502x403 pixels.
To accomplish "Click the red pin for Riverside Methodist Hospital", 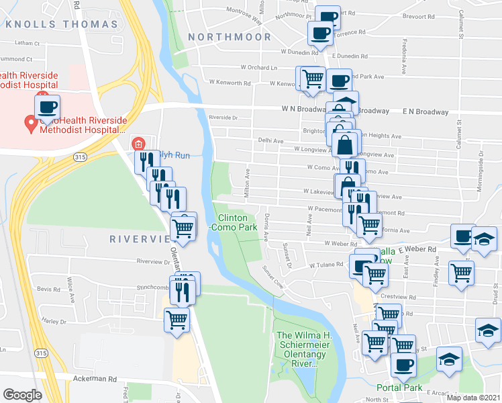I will (30, 124).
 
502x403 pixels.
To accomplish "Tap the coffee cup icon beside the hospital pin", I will (48, 107).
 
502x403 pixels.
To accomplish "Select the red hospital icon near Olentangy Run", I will (138, 143).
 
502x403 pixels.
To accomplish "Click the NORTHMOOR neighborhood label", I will (230, 37).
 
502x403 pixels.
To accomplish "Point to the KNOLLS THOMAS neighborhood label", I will (62, 24).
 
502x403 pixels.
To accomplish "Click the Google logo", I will (22, 395).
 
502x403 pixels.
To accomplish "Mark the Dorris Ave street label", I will (266, 227).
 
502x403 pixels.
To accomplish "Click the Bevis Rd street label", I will (49, 288).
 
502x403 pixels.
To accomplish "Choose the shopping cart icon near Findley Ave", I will (461, 274).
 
